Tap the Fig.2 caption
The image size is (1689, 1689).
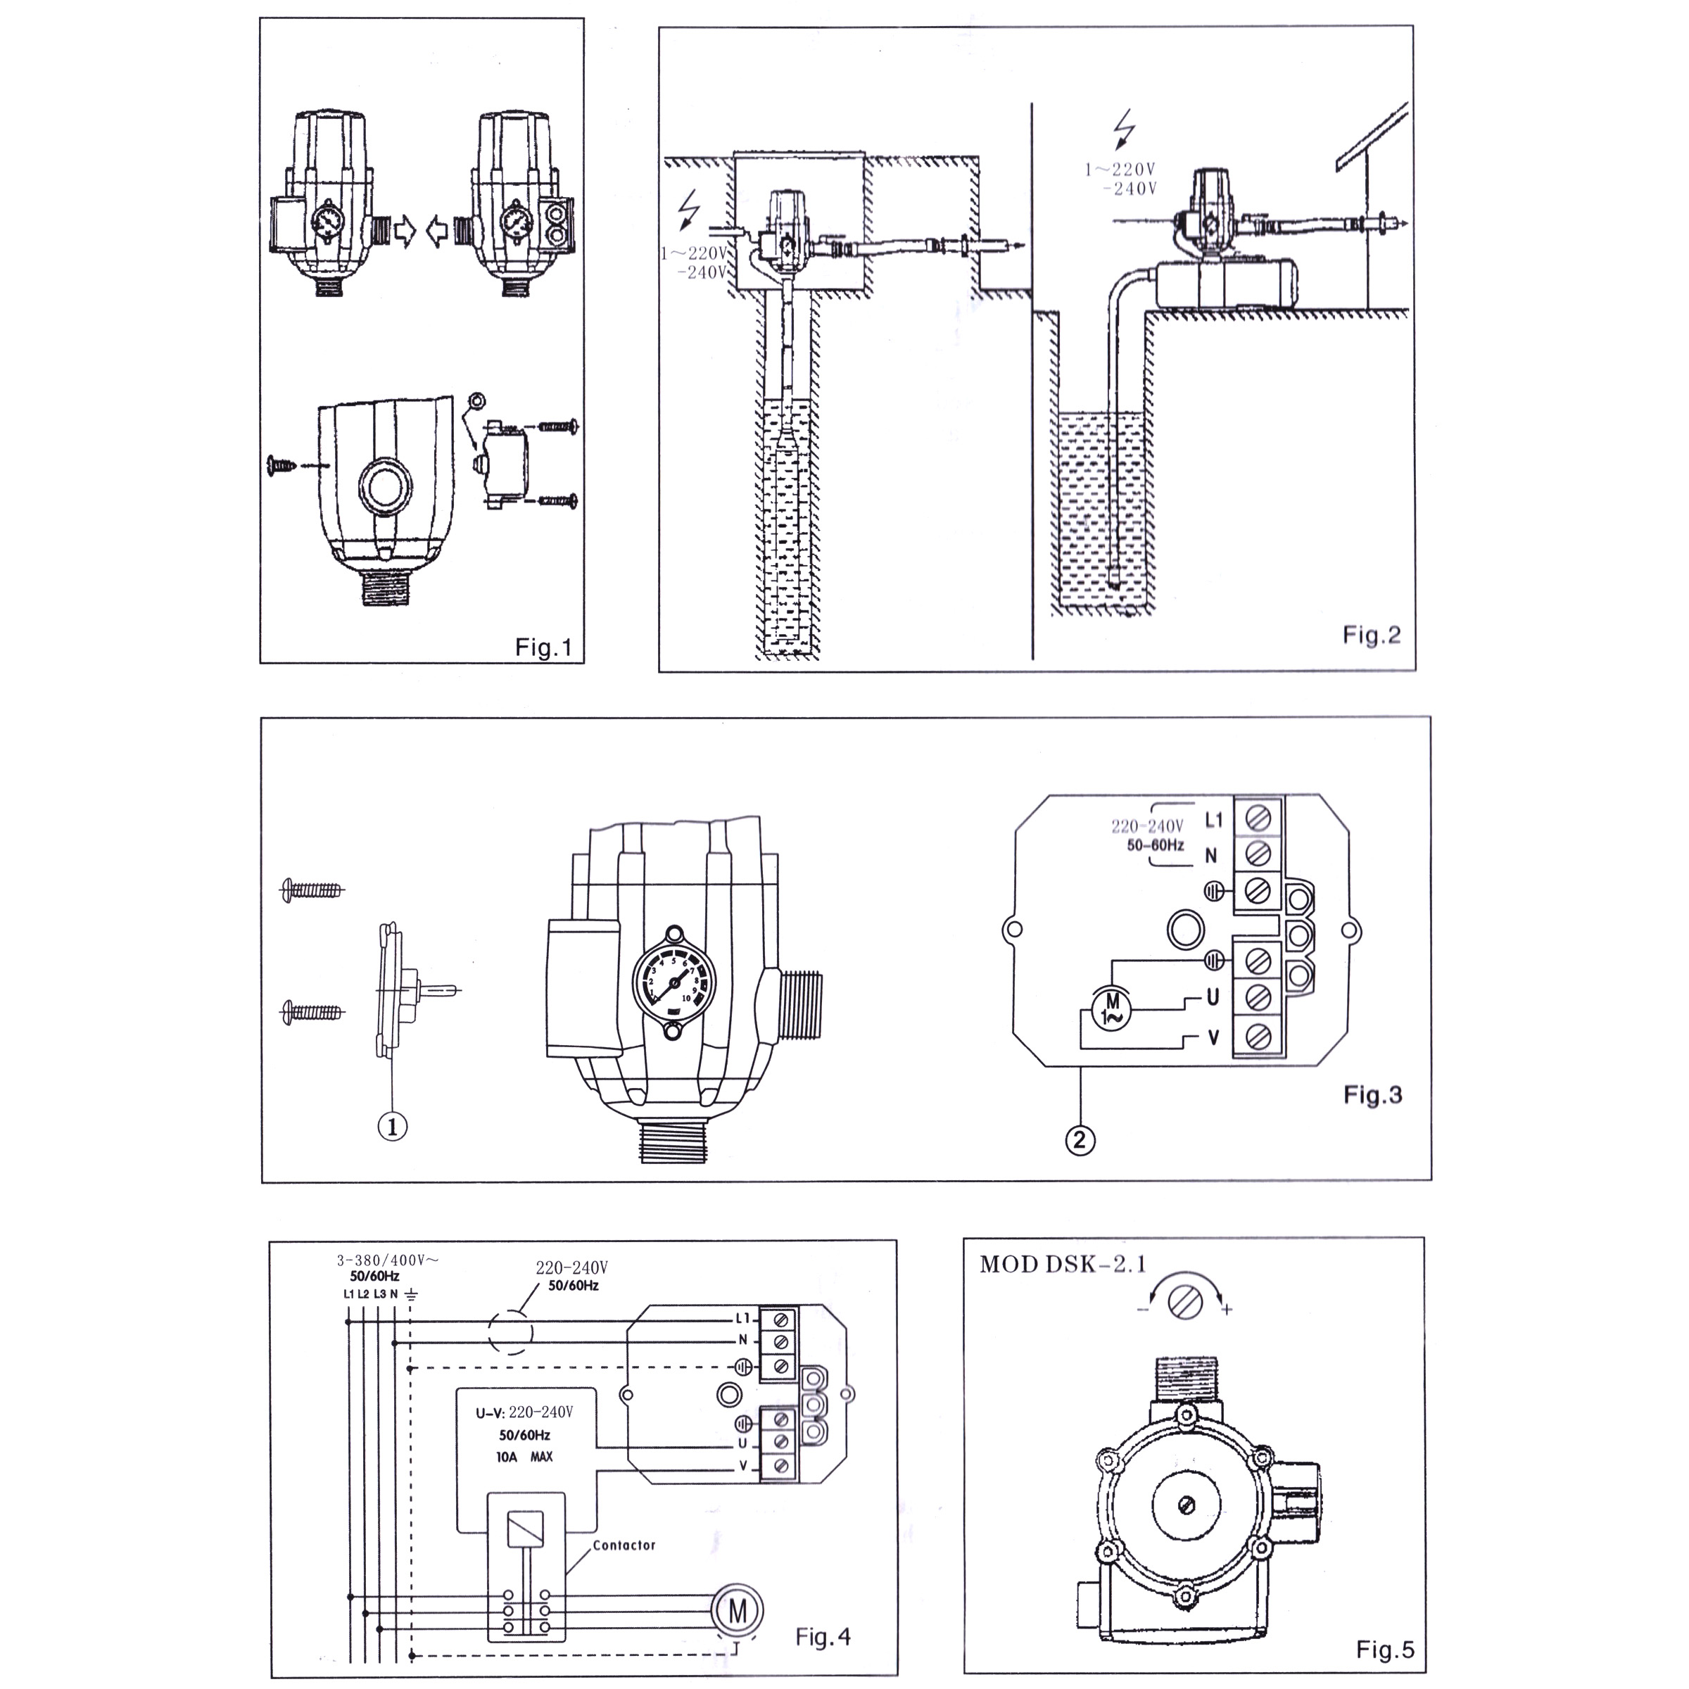point(1371,635)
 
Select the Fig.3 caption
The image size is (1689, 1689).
point(1372,1096)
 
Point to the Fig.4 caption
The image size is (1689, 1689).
point(823,1636)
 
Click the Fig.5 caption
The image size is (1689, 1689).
point(1386,1650)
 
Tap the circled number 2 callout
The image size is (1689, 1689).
point(1080,1139)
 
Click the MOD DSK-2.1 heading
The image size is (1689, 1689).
point(1062,1265)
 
